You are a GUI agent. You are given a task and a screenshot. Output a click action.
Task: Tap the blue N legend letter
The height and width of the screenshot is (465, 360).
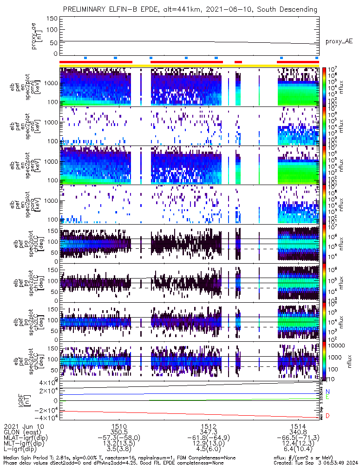pyautogui.click(x=327, y=392)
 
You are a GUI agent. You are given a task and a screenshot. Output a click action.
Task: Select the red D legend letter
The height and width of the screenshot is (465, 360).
pyautogui.click(x=327, y=416)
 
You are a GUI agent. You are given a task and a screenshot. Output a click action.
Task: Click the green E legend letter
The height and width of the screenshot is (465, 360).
pyautogui.click(x=327, y=397)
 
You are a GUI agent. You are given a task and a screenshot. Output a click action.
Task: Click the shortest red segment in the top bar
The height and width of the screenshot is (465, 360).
pyautogui.click(x=238, y=62)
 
